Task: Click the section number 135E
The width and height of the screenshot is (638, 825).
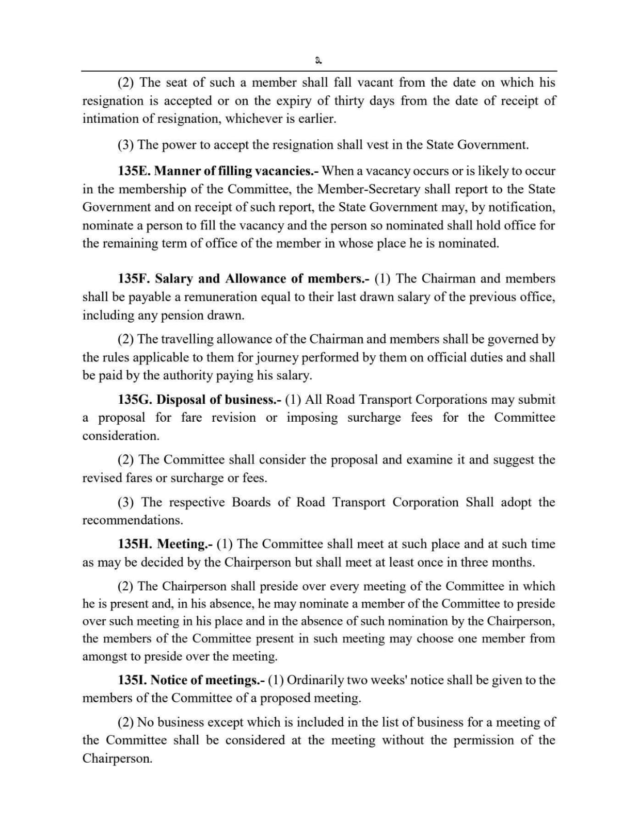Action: pos(134,171)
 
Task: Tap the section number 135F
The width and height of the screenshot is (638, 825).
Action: pos(134,279)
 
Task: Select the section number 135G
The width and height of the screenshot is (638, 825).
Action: pos(135,400)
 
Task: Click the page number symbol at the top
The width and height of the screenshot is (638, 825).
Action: pos(318,61)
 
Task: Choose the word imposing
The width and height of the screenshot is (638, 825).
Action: pos(312,418)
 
